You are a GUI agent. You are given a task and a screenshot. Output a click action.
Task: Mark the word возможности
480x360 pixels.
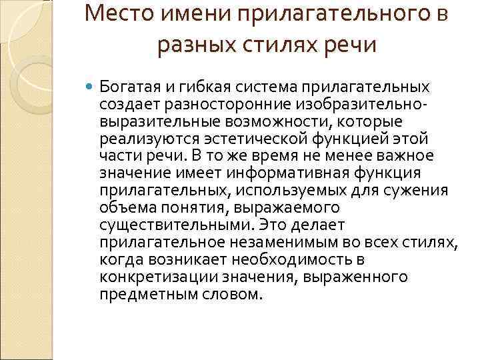point(257,121)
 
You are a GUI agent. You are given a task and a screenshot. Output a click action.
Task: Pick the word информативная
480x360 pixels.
point(287,173)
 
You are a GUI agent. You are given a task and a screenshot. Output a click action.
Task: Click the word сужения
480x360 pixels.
point(421,191)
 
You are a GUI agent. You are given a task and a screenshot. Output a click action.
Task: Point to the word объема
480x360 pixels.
point(125,208)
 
